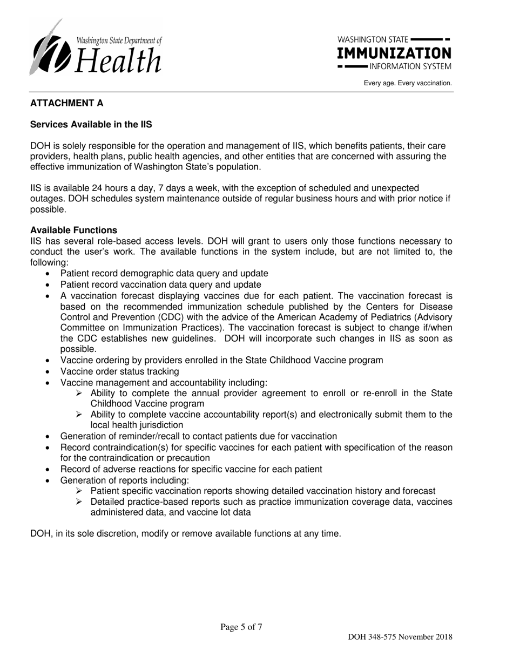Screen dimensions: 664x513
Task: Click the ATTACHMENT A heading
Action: tap(66, 103)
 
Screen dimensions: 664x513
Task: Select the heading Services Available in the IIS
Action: tap(91, 125)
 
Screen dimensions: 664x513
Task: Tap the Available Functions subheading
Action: tap(73, 231)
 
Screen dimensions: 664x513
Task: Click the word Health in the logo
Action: tap(119, 60)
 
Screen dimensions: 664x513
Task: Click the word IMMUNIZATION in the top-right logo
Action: tap(394, 53)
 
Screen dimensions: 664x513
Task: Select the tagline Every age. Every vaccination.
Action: tap(408, 83)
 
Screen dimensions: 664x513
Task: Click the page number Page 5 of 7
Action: tap(241, 627)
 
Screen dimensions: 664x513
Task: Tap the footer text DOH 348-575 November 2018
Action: tap(400, 637)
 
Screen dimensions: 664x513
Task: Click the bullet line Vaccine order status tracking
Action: tap(119, 371)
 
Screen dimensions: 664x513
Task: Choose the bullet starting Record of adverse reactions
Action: tap(191, 469)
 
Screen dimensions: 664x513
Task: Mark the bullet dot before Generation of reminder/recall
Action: tap(49, 437)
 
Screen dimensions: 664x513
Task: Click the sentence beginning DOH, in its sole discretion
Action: tap(186, 534)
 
